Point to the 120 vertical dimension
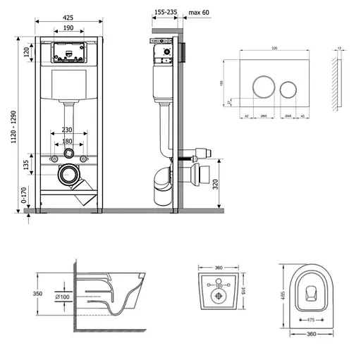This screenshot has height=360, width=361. [x=26, y=52]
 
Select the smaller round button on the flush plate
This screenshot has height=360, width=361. [x=288, y=89]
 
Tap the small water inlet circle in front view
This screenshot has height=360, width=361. [x=68, y=154]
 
